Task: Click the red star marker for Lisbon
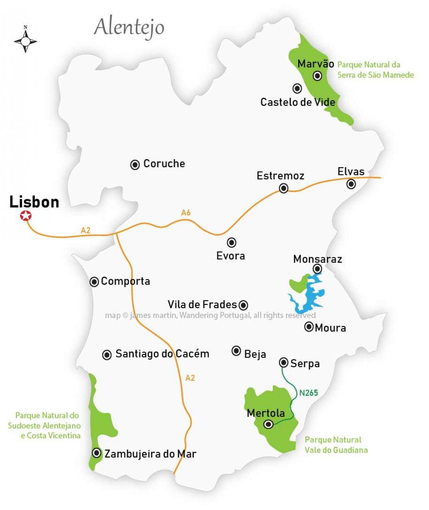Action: [x=25, y=216]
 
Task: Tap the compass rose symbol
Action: [x=25, y=41]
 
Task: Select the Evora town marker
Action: [x=232, y=242]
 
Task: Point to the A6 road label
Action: [x=186, y=212]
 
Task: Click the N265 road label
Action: [x=308, y=393]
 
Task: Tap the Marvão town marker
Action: [x=317, y=76]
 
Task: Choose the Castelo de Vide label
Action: [x=297, y=102]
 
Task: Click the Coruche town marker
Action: [x=135, y=165]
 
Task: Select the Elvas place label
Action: [x=351, y=171]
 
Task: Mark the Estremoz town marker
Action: [x=283, y=188]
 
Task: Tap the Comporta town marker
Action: [x=94, y=282]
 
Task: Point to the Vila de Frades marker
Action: [x=243, y=305]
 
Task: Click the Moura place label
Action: [x=330, y=328]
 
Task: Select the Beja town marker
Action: [x=236, y=351]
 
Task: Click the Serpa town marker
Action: [x=283, y=362]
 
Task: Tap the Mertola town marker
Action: [x=268, y=424]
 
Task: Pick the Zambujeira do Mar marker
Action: [x=97, y=453]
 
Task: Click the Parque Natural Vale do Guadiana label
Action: [x=336, y=445]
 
